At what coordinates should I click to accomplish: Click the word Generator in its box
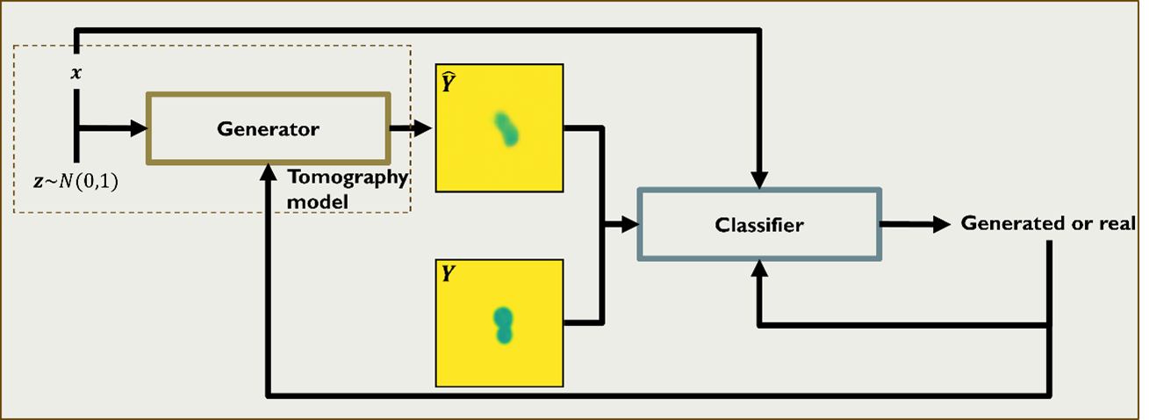268,129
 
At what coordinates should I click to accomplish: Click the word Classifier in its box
758,225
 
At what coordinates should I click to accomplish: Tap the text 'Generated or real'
1048,222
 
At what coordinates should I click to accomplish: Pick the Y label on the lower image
448,274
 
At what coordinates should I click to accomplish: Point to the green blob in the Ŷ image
506,128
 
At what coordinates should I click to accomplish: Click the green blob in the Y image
503,324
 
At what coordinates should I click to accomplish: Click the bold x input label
76,73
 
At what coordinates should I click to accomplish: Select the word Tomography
348,178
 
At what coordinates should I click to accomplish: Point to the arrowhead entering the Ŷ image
426,128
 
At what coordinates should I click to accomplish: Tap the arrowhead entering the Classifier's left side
629,225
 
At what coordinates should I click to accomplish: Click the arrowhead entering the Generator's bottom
269,173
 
